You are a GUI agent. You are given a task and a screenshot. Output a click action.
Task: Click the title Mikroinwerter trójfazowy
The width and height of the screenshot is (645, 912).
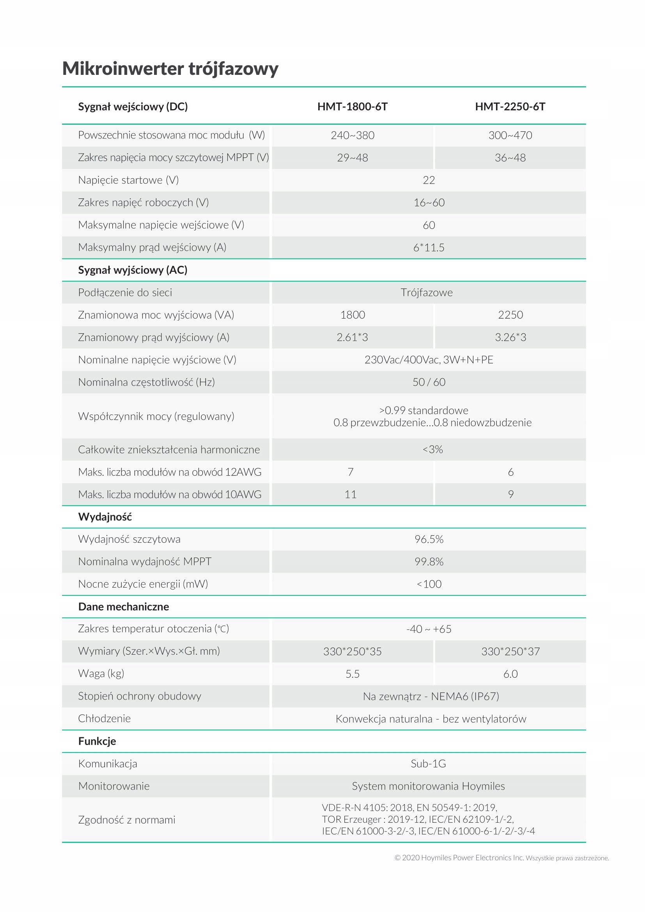pyautogui.click(x=170, y=68)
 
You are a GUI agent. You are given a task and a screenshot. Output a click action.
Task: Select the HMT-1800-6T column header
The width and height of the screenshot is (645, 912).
pyautogui.click(x=352, y=106)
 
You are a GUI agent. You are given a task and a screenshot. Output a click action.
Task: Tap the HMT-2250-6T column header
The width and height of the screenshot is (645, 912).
pyautogui.click(x=510, y=106)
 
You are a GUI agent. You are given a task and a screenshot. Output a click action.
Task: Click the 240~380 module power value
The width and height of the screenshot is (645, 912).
pyautogui.click(x=352, y=135)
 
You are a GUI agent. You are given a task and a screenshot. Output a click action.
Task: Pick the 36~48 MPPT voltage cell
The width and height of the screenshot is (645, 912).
pyautogui.click(x=510, y=158)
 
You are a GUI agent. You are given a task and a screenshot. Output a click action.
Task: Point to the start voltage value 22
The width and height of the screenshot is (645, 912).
pyautogui.click(x=429, y=181)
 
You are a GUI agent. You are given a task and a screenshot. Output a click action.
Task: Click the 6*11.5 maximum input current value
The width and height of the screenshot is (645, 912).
pyautogui.click(x=429, y=248)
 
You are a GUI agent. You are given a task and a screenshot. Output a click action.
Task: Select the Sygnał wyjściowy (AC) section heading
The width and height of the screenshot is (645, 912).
pyautogui.click(x=133, y=270)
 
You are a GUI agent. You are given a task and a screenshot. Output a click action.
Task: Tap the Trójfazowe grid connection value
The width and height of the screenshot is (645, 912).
pyautogui.click(x=427, y=293)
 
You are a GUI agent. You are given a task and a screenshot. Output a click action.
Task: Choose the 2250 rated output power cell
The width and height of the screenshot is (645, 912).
pyautogui.click(x=510, y=315)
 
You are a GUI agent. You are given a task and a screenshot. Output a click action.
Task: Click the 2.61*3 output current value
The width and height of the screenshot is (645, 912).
pyautogui.click(x=352, y=337)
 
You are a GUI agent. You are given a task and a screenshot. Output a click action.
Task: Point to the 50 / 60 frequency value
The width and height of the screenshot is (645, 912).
pyautogui.click(x=429, y=382)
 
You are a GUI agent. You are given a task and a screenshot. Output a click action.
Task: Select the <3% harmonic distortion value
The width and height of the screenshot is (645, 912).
pyautogui.click(x=432, y=449)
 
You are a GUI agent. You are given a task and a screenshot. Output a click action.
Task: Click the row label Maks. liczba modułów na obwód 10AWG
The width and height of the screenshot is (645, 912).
pyautogui.click(x=170, y=494)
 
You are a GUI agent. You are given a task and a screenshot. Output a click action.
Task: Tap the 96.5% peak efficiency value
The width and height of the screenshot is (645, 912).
pyautogui.click(x=429, y=539)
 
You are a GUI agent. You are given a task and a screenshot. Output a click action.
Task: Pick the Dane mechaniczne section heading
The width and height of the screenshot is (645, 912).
pyautogui.click(x=124, y=607)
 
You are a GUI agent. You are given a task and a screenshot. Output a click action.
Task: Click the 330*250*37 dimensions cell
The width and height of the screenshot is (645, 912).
pyautogui.click(x=510, y=652)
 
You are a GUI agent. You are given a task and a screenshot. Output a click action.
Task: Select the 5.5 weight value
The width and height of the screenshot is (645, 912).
pyautogui.click(x=352, y=674)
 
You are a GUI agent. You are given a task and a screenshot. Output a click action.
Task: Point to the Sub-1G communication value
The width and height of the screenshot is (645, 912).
pyautogui.click(x=428, y=763)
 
